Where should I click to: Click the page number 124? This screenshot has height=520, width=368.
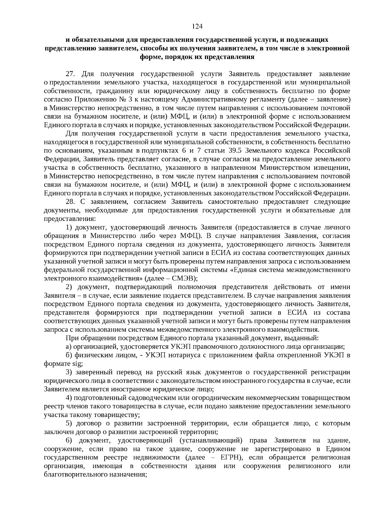point(197,27)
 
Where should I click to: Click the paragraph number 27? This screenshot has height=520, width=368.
point(71,74)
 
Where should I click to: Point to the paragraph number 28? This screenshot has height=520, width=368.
point(71,202)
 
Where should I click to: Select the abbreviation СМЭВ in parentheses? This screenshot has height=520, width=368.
point(181,278)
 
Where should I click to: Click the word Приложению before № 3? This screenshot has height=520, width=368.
point(91,99)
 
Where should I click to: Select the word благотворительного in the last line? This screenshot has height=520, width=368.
point(75,474)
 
